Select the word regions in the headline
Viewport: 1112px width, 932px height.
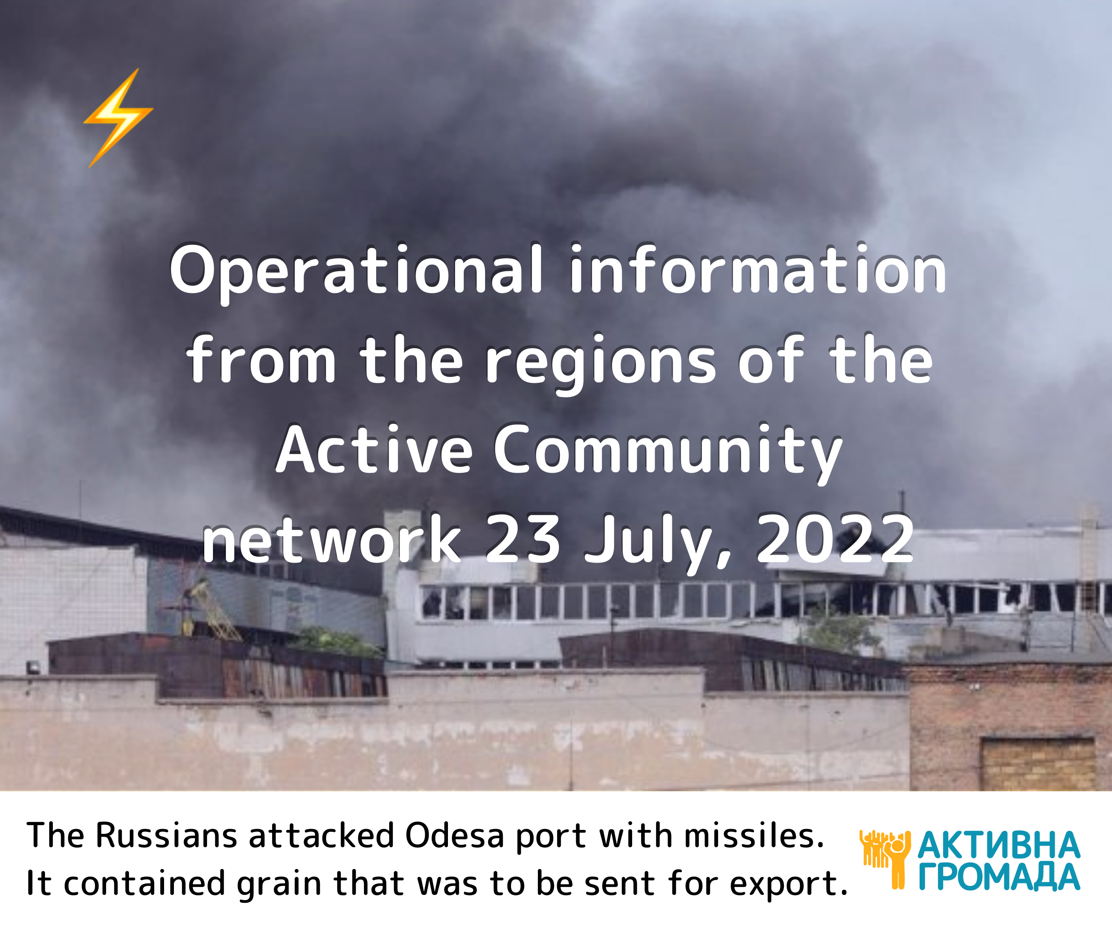[x=601, y=363]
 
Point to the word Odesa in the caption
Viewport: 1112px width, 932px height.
[x=454, y=836]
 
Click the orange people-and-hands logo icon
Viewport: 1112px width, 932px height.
[x=885, y=859]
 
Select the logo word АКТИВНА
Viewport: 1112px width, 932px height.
[x=999, y=846]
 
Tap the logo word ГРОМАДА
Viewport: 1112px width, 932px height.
[x=999, y=877]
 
